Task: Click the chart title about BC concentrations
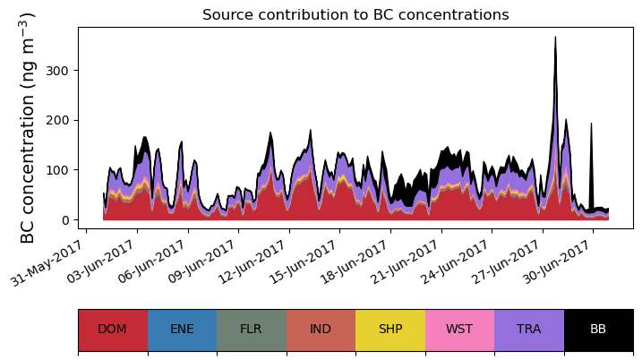click(x=355, y=15)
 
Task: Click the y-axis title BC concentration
click(x=28, y=127)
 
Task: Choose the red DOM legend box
click(x=113, y=329)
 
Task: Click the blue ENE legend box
click(x=182, y=329)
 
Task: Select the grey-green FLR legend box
click(x=252, y=329)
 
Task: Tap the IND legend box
click(x=321, y=329)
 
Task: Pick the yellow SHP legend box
click(x=390, y=329)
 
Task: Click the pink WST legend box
click(x=459, y=329)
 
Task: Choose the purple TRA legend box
click(x=529, y=329)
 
